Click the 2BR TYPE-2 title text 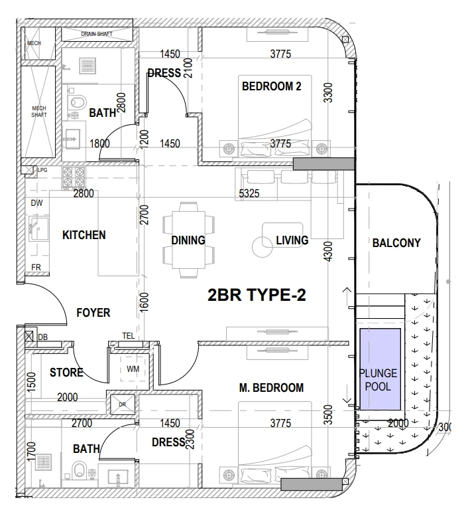coord(257,295)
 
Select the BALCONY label coord(396,243)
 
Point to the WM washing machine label coord(133,369)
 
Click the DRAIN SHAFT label coord(97,34)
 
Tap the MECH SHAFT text coord(39,112)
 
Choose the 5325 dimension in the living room coord(249,193)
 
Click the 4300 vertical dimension coord(328,252)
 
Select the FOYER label coord(93,313)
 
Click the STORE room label coord(66,373)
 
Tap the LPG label coord(42,170)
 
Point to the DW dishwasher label coord(36,203)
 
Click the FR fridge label coord(36,267)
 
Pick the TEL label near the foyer coord(129,335)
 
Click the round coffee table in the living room coord(263,247)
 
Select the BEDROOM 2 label coord(271,86)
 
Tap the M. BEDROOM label coord(271,388)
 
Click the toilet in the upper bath coord(78,102)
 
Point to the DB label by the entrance coord(43,337)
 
